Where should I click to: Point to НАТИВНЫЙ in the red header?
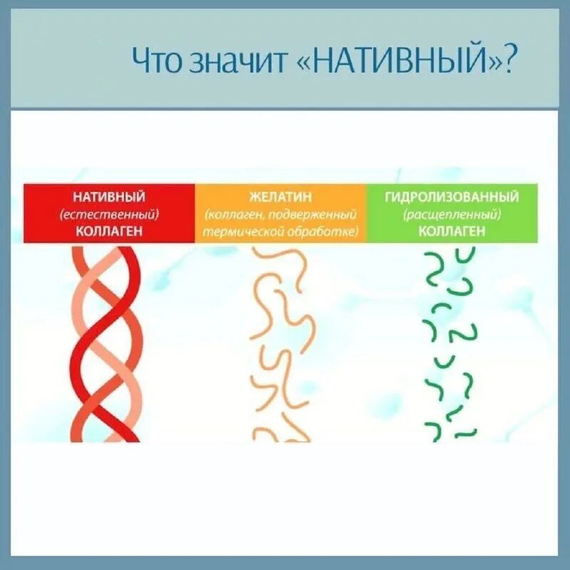[x=109, y=196]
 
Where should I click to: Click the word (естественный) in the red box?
[x=109, y=214]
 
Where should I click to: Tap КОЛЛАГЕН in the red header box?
[x=109, y=231]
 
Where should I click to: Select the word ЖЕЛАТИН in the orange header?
[x=281, y=196]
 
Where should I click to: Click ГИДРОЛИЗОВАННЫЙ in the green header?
[x=452, y=196]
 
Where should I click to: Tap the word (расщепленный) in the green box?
[x=452, y=214]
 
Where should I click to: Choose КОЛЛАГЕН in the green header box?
[x=452, y=231]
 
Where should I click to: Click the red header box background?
[x=43, y=214]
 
